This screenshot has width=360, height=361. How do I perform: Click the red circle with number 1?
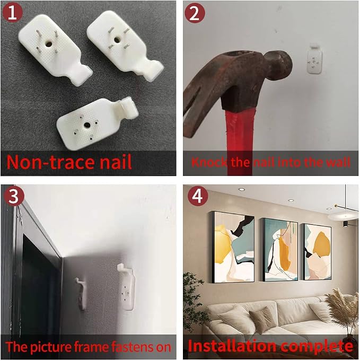(12, 12)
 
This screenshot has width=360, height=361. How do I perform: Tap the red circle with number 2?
(195, 13)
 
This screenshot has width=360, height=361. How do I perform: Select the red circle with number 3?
(14, 196)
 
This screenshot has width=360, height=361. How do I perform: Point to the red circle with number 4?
(198, 196)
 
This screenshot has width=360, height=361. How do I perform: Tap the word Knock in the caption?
(209, 162)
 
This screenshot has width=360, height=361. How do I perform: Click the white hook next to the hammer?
(314, 59)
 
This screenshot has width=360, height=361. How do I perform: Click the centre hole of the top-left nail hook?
(49, 44)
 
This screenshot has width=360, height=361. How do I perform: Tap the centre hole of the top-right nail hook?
(117, 40)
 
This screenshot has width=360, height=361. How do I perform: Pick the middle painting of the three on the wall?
(280, 250)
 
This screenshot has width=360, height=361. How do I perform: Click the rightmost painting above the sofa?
(317, 252)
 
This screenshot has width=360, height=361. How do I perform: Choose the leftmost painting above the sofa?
(233, 247)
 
